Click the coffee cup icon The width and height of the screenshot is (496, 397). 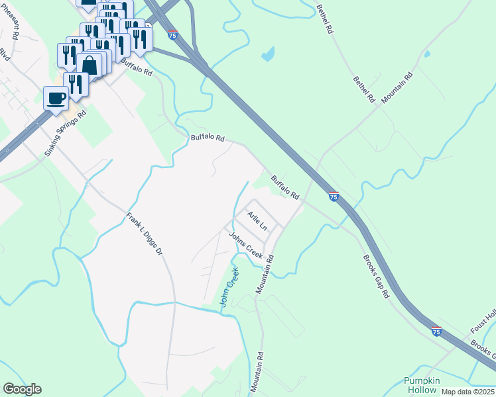56,98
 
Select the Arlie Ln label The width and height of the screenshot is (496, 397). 257,221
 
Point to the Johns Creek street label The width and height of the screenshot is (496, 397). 246,245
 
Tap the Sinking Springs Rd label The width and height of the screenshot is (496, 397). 66,133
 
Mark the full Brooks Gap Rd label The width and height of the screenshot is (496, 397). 375,277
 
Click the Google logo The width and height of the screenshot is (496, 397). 22,389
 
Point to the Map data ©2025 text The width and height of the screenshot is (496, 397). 468,392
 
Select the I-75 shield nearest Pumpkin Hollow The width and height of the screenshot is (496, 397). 436,330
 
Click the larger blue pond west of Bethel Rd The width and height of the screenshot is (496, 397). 268,54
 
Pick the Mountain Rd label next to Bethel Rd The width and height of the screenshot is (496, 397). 397,85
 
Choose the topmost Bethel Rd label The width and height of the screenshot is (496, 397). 328,19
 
